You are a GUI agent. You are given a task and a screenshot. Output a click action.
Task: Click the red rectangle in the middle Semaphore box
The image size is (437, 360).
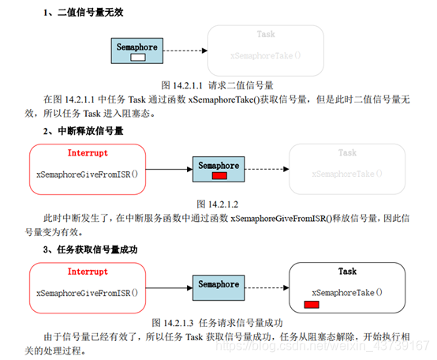click(x=219, y=175)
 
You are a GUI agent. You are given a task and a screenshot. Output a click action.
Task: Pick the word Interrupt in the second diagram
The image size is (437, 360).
click(x=88, y=153)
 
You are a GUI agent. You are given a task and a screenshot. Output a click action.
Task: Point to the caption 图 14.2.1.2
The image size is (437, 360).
click(x=217, y=202)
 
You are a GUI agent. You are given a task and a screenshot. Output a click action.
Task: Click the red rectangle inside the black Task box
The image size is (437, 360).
click(x=312, y=305)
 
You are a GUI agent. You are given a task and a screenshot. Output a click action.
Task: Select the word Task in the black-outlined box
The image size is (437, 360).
click(x=347, y=272)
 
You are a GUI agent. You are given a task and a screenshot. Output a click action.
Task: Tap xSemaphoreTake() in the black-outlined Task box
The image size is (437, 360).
click(x=347, y=291)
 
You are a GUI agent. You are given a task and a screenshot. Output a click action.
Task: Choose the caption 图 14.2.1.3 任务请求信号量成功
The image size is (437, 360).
click(x=217, y=322)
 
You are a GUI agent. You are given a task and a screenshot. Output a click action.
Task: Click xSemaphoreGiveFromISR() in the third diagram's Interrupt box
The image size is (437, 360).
click(x=87, y=292)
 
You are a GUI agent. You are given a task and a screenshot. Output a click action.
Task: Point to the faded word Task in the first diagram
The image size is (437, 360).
click(x=266, y=35)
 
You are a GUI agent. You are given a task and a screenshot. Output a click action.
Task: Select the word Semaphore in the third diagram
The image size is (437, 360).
click(x=218, y=284)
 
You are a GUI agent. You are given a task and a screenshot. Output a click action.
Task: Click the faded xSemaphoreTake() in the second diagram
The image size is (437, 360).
click(x=347, y=173)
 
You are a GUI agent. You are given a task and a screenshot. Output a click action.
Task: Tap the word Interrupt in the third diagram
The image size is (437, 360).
click(x=88, y=272)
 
